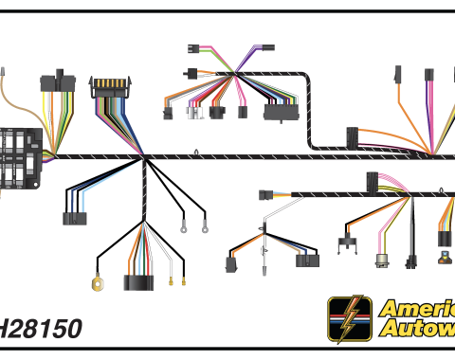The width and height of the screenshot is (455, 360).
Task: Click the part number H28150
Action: click(x=40, y=329)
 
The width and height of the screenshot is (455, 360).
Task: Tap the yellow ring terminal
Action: click(x=96, y=281)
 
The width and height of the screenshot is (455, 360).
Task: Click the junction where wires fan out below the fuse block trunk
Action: click(x=144, y=161)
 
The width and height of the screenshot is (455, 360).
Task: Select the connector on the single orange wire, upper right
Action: click(x=398, y=74)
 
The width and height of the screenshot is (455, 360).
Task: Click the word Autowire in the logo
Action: click(x=417, y=329)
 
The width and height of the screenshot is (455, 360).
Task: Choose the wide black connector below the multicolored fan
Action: click(x=139, y=280)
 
